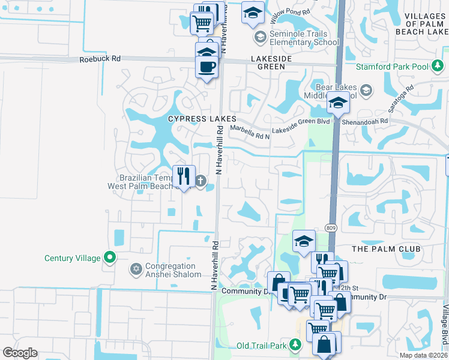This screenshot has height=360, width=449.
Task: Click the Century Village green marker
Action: (109, 258)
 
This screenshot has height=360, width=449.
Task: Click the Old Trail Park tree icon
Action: (295, 344)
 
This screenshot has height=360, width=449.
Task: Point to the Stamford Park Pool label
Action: (393, 66)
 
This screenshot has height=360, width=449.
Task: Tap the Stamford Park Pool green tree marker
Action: (438, 65)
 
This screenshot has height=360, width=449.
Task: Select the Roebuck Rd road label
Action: (100, 59)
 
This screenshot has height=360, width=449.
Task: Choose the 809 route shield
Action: (331, 228)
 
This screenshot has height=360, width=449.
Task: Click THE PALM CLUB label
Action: (387, 249)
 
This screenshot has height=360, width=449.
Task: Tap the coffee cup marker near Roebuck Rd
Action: (208, 66)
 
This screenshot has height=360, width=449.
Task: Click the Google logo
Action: (20, 353)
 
